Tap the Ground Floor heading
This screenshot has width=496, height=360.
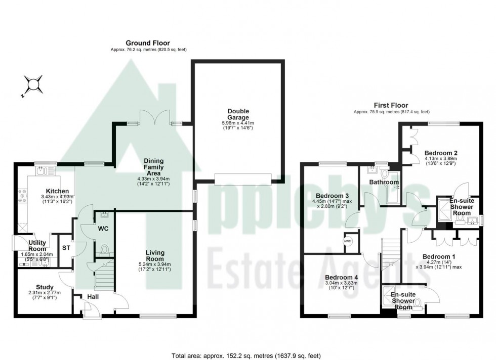click(148, 43)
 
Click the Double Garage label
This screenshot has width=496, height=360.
click(238, 114)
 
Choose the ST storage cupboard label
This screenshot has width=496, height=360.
click(66, 248)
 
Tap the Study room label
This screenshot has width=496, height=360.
click(45, 287)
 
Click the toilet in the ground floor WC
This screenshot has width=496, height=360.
click(105, 249)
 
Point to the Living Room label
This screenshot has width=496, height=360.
click(155, 252)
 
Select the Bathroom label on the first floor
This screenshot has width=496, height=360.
click(383, 182)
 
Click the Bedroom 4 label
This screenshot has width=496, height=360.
click(341, 277)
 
